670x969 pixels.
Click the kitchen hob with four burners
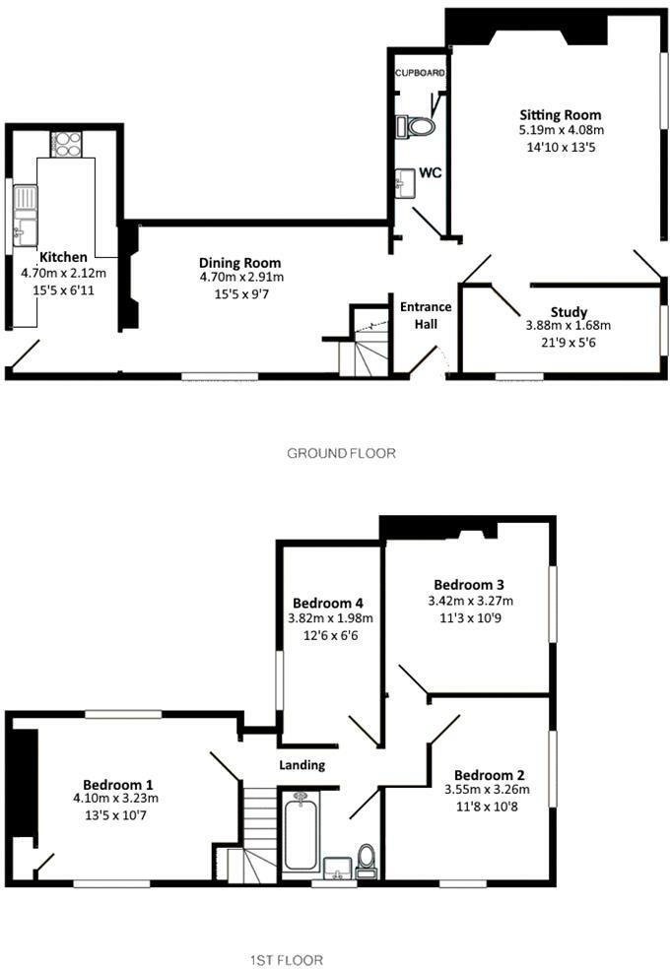pos(66,145)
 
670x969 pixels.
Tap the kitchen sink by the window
pos(25,216)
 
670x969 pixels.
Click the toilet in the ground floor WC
pos(416,127)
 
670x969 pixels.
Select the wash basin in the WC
pos(406,183)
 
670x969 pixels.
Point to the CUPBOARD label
pos(420,73)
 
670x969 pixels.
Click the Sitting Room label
pos(560,115)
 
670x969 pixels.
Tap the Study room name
pos(569,312)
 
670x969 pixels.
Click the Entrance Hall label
pos(426,315)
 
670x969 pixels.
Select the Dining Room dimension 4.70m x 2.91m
pos(241,277)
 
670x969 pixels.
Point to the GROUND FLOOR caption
pos(341,454)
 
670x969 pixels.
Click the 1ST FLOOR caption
pos(287,960)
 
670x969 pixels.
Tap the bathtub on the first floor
pos(301,832)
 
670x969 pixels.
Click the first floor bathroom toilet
pos(366,861)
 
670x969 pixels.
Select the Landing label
pos(301,765)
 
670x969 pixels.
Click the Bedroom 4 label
pos(327,603)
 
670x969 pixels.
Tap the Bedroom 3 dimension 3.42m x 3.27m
pos(470,601)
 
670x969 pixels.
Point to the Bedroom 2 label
pos(489,775)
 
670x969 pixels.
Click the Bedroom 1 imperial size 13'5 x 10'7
pos(115,815)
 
